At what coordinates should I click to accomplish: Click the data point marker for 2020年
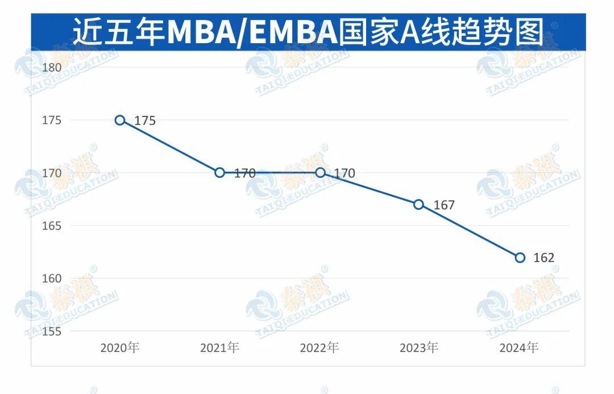pyautogui.click(x=120, y=120)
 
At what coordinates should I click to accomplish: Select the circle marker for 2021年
pyautogui.click(x=220, y=172)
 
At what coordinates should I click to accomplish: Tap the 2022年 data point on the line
pyautogui.click(x=320, y=172)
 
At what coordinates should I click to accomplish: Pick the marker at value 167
pyautogui.click(x=419, y=204)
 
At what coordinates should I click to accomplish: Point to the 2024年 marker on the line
pyautogui.click(x=520, y=258)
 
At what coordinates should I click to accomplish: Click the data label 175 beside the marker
pyautogui.click(x=145, y=121)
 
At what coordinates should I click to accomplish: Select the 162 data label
pyautogui.click(x=544, y=258)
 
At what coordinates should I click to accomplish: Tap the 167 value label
pyautogui.click(x=444, y=205)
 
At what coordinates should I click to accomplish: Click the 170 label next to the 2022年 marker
pyautogui.click(x=345, y=173)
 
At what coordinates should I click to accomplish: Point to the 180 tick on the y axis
pyautogui.click(x=52, y=67)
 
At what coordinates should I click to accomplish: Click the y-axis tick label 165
pyautogui.click(x=52, y=226)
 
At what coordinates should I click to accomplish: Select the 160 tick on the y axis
pyautogui.click(x=52, y=279)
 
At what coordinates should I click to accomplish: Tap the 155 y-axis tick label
pyautogui.click(x=52, y=331)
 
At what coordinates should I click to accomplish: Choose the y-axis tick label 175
pyautogui.click(x=52, y=120)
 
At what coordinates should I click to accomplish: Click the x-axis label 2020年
pyautogui.click(x=119, y=348)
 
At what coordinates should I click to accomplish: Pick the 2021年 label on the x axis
pyautogui.click(x=219, y=348)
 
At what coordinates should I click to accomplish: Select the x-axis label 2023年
pyautogui.click(x=419, y=348)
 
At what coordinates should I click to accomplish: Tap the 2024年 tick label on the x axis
pyautogui.click(x=518, y=348)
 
